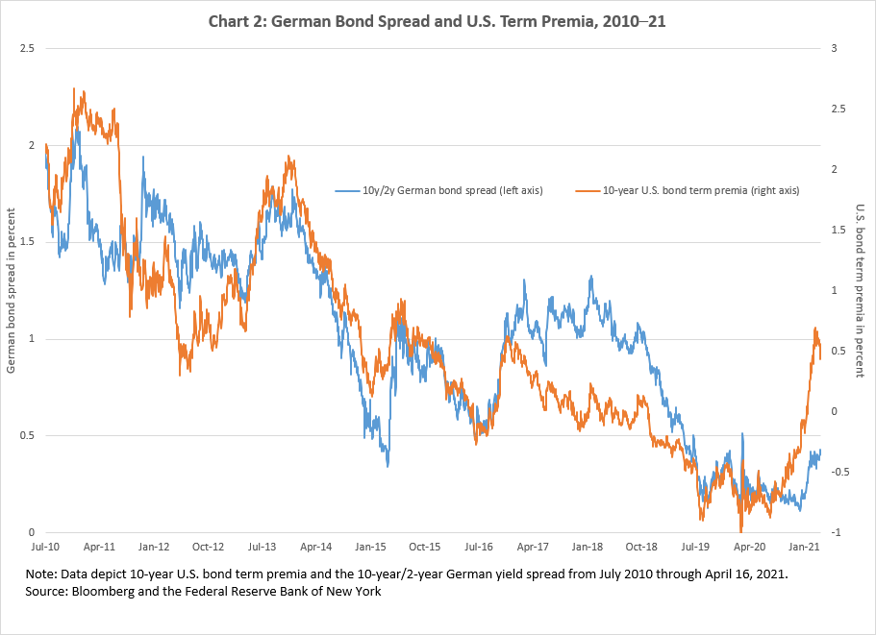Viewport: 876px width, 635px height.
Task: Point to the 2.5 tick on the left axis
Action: point(27,48)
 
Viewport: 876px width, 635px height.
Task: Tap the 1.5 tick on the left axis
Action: point(27,242)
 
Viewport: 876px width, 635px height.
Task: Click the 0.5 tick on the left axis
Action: point(27,435)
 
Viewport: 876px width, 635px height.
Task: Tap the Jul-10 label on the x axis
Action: point(45,547)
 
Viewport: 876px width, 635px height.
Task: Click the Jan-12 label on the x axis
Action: point(154,547)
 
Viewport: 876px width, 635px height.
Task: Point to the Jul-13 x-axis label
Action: point(263,547)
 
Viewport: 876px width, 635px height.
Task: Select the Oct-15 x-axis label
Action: point(426,547)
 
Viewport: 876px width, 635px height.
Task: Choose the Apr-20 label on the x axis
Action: point(750,547)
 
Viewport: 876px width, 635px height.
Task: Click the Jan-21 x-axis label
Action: point(805,547)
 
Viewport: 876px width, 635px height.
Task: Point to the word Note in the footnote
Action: point(44,574)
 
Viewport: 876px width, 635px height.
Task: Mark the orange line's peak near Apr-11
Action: point(74,89)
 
